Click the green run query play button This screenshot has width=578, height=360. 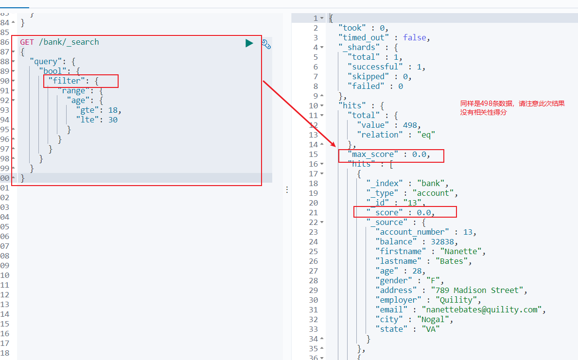point(249,43)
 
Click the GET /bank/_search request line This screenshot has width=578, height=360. point(59,42)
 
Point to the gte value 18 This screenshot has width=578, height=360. point(113,110)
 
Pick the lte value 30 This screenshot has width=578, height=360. point(113,120)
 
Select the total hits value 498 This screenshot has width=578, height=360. point(412,125)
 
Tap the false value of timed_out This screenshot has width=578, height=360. point(415,37)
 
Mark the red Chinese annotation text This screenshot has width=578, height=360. point(512,108)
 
